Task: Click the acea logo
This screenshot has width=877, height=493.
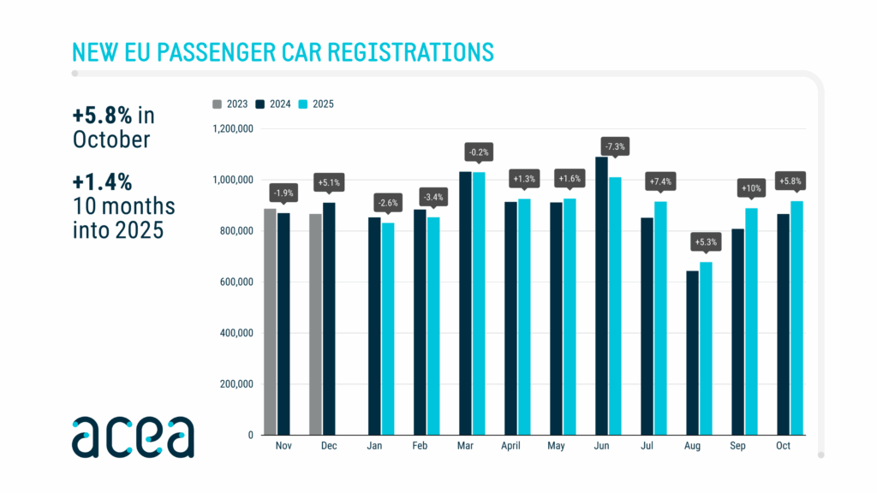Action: click(133, 437)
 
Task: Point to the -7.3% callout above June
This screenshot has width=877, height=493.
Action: click(615, 146)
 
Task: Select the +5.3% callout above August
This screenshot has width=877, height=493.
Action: click(707, 242)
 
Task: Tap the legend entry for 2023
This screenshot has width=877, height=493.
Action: click(231, 104)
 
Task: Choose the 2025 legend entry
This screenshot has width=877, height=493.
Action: click(317, 104)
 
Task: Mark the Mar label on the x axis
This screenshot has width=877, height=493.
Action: click(465, 446)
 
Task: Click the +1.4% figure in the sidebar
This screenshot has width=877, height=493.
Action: click(101, 182)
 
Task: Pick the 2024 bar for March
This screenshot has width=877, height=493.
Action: click(465, 303)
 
